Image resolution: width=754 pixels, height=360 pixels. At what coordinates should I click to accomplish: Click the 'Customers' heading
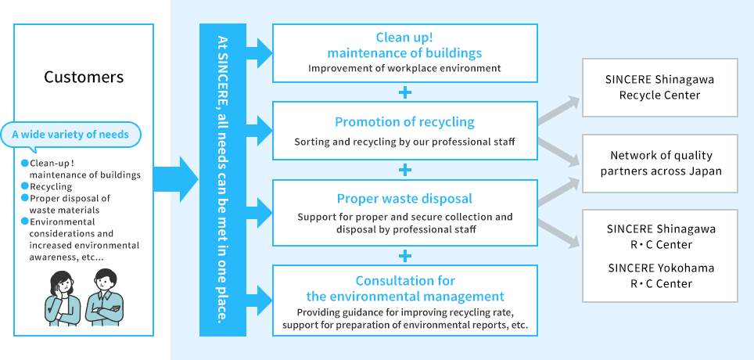(x=84, y=77)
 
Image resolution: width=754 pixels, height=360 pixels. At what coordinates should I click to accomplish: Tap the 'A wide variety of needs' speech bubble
(x=70, y=135)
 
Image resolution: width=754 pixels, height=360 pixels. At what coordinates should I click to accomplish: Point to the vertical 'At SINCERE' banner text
(x=223, y=180)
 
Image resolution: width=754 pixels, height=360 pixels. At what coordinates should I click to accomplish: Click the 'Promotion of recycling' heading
(x=404, y=122)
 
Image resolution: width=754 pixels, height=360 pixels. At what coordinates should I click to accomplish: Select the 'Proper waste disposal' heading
(x=404, y=199)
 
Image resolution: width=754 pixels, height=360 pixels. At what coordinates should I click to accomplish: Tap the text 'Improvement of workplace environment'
(x=404, y=68)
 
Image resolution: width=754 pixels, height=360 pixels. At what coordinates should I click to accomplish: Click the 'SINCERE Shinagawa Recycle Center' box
(x=660, y=88)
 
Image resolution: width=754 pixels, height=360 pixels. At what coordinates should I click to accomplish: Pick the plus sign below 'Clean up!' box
(x=404, y=92)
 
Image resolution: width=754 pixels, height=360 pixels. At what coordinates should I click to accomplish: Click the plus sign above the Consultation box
(x=404, y=255)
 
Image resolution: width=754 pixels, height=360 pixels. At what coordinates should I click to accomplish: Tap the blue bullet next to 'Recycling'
(x=24, y=187)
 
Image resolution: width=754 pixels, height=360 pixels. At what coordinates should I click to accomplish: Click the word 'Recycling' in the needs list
(x=51, y=187)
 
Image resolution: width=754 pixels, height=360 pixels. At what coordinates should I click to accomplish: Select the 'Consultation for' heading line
(x=404, y=280)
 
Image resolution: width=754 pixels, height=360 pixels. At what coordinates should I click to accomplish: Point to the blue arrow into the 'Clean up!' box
(x=260, y=52)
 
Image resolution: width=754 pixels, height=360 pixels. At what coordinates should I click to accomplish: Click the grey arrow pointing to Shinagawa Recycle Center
(x=560, y=110)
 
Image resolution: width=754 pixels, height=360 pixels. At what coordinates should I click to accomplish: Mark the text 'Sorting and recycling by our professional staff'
(x=404, y=142)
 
